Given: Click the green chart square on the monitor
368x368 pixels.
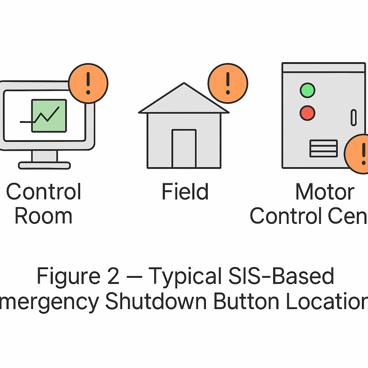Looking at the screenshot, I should pyautogui.click(x=49, y=116).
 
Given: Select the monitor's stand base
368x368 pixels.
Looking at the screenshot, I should pyautogui.click(x=45, y=165).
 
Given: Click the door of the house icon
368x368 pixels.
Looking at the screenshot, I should pyautogui.click(x=184, y=149).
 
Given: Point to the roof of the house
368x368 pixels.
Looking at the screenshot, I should pyautogui.click(x=184, y=101).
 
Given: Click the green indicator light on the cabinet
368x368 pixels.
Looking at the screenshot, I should pyautogui.click(x=307, y=90).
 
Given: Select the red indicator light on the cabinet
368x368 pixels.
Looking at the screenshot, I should pyautogui.click(x=307, y=113).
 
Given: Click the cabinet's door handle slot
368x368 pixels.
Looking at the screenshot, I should pyautogui.click(x=354, y=118).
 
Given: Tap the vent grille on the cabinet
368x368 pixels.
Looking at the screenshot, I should pyautogui.click(x=323, y=148).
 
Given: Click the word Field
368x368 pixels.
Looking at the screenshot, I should pyautogui.click(x=185, y=192).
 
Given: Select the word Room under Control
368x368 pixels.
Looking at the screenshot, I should pyautogui.click(x=43, y=216).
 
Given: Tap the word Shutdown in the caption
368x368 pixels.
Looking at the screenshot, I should pyautogui.click(x=156, y=302).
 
